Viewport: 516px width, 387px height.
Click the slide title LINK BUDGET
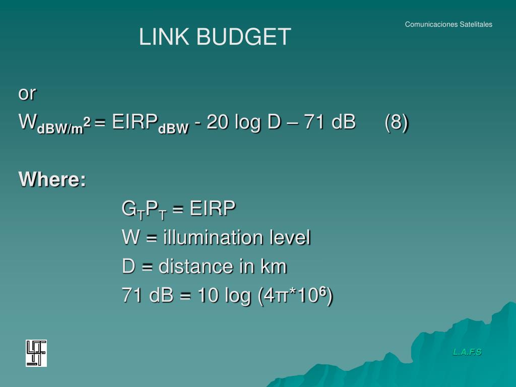[215, 37]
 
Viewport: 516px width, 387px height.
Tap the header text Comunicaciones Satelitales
[448, 24]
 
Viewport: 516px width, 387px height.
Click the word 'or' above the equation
[27, 93]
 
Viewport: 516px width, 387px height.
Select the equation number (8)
[397, 122]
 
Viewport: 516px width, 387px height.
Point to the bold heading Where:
[52, 179]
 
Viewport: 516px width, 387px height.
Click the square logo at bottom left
[36, 353]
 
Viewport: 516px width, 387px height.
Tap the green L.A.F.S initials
[467, 352]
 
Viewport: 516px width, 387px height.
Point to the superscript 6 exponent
[325, 291]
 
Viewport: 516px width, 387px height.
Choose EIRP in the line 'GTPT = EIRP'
[213, 208]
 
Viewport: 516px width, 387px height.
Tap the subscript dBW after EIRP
[173, 128]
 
